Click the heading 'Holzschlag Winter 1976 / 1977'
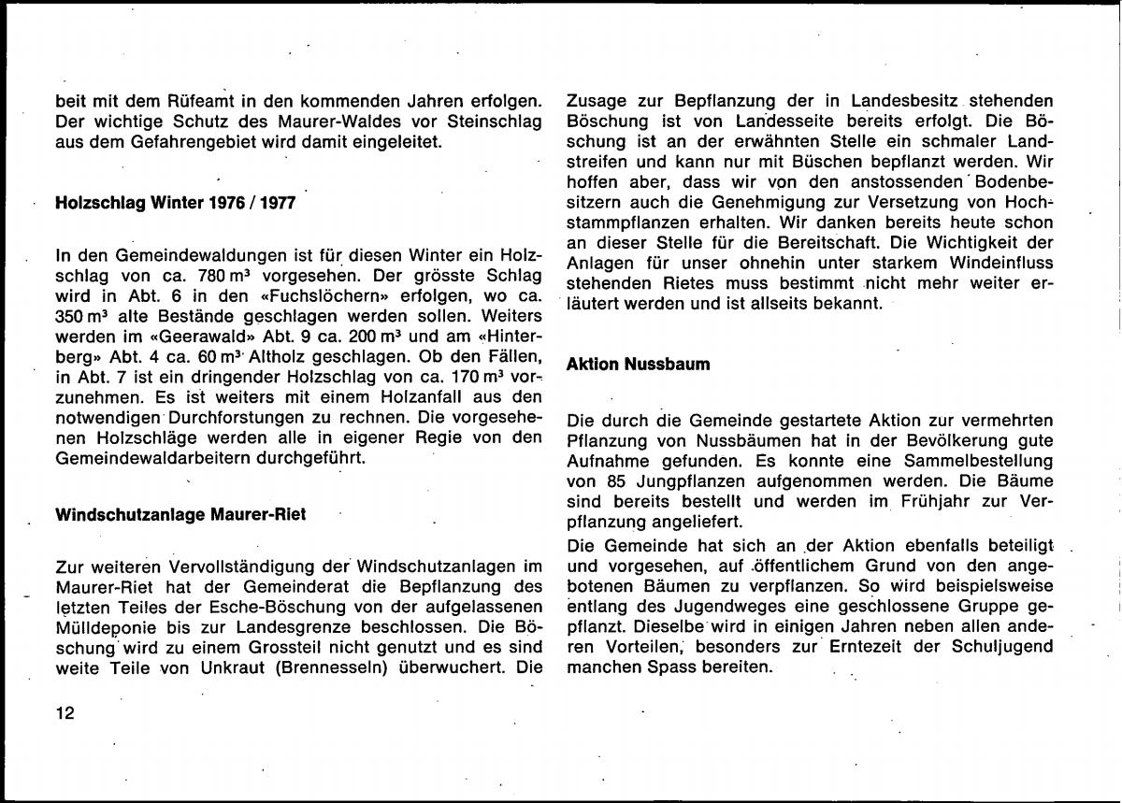[x=175, y=203]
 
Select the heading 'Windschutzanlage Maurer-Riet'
[x=180, y=514]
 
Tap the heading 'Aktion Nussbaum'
[x=638, y=364]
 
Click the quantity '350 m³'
[x=80, y=317]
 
